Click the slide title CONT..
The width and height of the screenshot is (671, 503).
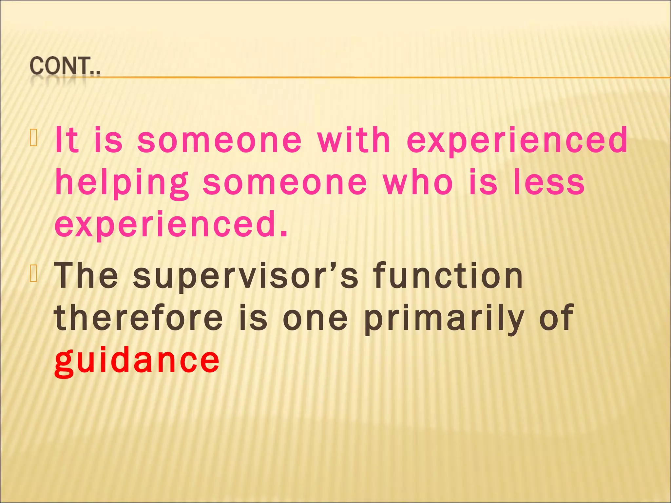tap(65, 67)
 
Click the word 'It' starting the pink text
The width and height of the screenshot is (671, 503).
tap(67, 140)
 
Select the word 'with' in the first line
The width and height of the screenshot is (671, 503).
tap(354, 140)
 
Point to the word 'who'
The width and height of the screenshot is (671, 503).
tap(418, 182)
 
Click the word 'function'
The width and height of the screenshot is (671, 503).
tap(449, 276)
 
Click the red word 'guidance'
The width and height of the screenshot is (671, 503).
tap(137, 361)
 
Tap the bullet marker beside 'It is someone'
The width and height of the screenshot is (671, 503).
tap(34, 138)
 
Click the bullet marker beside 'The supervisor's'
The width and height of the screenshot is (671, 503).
tap(34, 274)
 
